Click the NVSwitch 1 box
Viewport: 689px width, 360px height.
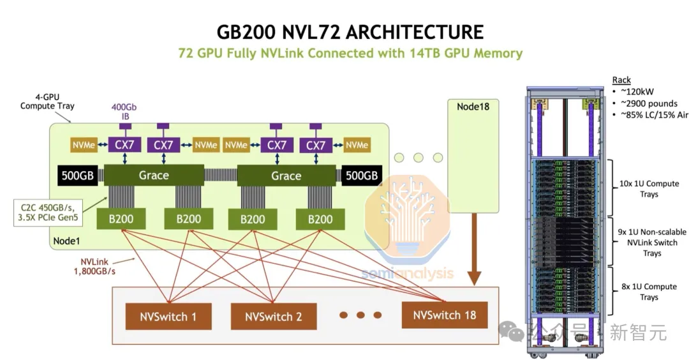(167, 316)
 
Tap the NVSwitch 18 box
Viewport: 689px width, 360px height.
(443, 315)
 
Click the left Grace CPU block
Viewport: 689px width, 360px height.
(154, 175)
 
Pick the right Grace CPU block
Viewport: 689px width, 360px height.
(286, 175)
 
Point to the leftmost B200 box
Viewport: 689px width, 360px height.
(121, 219)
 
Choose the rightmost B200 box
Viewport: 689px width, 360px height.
(320, 219)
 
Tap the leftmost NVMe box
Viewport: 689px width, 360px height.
(84, 145)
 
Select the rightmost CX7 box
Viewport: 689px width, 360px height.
(315, 145)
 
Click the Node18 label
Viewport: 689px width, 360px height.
(473, 106)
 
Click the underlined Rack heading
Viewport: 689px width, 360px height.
(621, 80)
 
